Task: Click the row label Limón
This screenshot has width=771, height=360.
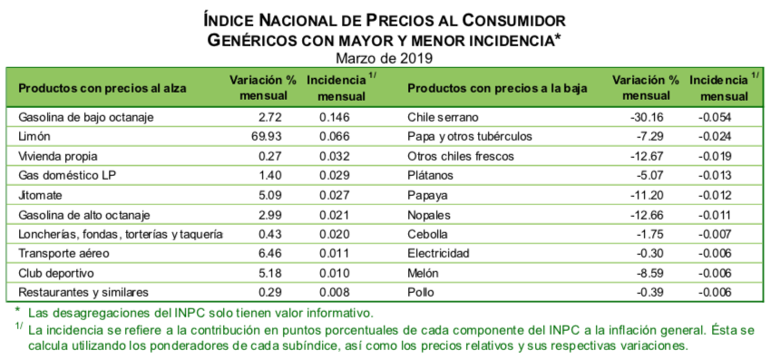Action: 34,136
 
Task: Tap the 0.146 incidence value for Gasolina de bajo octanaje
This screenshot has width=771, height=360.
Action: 335,117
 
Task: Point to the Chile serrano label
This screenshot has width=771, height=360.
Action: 442,117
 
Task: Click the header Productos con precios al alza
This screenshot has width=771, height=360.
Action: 102,89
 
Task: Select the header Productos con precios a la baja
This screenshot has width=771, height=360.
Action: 497,89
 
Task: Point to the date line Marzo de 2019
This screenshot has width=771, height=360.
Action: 385,58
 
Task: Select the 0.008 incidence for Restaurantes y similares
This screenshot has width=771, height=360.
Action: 335,292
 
